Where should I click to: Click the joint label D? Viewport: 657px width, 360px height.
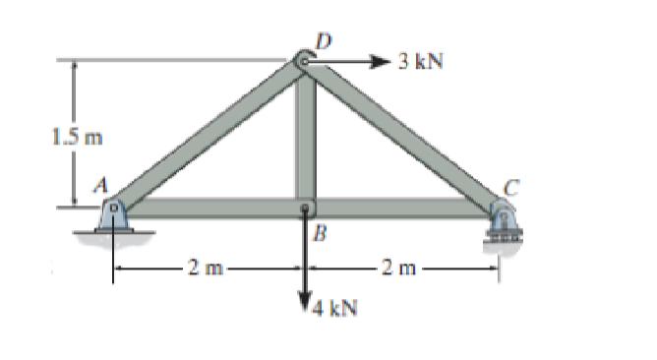point(322,40)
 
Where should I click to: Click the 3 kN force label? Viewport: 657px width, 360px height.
point(421,62)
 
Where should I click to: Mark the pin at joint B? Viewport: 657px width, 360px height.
point(306,209)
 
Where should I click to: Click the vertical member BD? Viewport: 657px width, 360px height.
point(306,138)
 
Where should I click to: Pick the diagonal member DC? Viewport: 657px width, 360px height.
point(403,136)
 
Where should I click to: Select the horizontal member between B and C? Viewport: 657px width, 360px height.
point(403,209)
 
